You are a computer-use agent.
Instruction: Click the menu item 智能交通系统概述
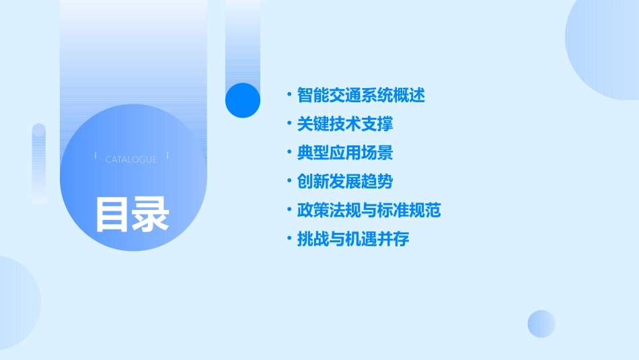pyautogui.click(x=361, y=96)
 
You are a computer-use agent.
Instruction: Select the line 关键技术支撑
pyautogui.click(x=345, y=124)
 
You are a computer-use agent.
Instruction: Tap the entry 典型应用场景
pyautogui.click(x=345, y=153)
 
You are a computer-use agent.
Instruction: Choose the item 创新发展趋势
pyautogui.click(x=345, y=182)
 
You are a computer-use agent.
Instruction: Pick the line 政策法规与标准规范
pyautogui.click(x=369, y=211)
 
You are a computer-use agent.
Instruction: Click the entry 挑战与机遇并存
pyautogui.click(x=353, y=240)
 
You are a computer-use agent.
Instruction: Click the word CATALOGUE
pyautogui.click(x=131, y=159)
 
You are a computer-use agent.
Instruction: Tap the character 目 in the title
pyautogui.click(x=112, y=214)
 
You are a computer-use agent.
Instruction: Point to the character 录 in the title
pyautogui.click(x=151, y=214)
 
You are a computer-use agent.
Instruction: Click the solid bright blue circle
pyautogui.click(x=243, y=100)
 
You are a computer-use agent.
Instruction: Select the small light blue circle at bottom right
pyautogui.click(x=541, y=324)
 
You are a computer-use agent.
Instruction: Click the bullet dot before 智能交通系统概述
pyautogui.click(x=289, y=96)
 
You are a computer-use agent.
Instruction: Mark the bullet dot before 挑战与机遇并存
pyautogui.click(x=289, y=240)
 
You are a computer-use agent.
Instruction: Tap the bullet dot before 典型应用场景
pyautogui.click(x=289, y=153)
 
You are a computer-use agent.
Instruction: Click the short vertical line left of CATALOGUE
pyautogui.click(x=96, y=155)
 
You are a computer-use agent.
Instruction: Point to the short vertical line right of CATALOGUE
pyautogui.click(x=167, y=155)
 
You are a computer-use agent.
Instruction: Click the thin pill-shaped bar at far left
pyautogui.click(x=39, y=164)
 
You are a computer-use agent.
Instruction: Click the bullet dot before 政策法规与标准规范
pyautogui.click(x=289, y=211)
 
